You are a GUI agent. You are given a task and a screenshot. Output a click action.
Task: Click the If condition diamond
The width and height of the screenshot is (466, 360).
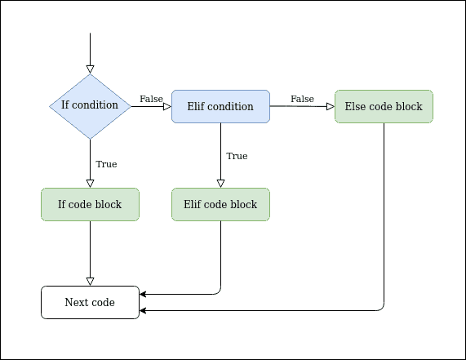click(x=90, y=106)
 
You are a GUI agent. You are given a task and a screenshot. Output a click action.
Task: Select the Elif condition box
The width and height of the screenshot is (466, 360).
click(x=220, y=106)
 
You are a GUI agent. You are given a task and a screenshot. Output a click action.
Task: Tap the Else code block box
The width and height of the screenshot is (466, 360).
click(x=384, y=106)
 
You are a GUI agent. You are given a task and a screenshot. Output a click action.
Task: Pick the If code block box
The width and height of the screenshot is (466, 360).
click(x=90, y=204)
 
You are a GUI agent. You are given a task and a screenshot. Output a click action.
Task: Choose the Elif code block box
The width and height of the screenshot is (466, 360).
click(x=220, y=204)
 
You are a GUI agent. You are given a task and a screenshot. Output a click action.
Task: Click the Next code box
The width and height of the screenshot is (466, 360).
click(x=90, y=302)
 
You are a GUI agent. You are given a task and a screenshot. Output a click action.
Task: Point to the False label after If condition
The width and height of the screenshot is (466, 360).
click(x=151, y=99)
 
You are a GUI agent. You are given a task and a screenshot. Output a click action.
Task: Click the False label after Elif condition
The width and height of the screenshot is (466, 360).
click(x=302, y=99)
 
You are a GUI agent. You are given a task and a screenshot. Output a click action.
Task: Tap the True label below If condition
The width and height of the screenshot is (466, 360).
click(x=106, y=164)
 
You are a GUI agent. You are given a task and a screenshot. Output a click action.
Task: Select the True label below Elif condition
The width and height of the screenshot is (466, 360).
click(x=237, y=156)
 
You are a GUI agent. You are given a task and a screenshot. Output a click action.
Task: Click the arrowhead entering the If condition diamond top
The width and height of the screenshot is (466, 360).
click(x=90, y=69)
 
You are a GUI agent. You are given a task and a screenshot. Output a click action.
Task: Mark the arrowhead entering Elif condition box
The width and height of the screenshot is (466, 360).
click(x=166, y=106)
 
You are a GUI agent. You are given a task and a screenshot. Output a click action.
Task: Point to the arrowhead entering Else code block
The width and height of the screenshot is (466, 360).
click(x=330, y=106)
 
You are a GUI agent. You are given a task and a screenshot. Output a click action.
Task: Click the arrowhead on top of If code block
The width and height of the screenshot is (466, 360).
click(x=90, y=183)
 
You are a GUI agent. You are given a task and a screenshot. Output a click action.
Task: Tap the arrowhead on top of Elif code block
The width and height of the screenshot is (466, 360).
click(x=220, y=183)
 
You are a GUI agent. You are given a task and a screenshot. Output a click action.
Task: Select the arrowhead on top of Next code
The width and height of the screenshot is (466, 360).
click(x=90, y=281)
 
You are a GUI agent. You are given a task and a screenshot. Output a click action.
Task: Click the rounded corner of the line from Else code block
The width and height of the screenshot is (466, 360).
click(x=381, y=308)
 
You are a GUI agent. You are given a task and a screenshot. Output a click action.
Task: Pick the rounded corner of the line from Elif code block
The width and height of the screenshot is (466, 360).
click(x=218, y=291)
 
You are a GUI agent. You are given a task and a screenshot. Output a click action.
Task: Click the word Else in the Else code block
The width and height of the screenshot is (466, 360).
click(x=355, y=106)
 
